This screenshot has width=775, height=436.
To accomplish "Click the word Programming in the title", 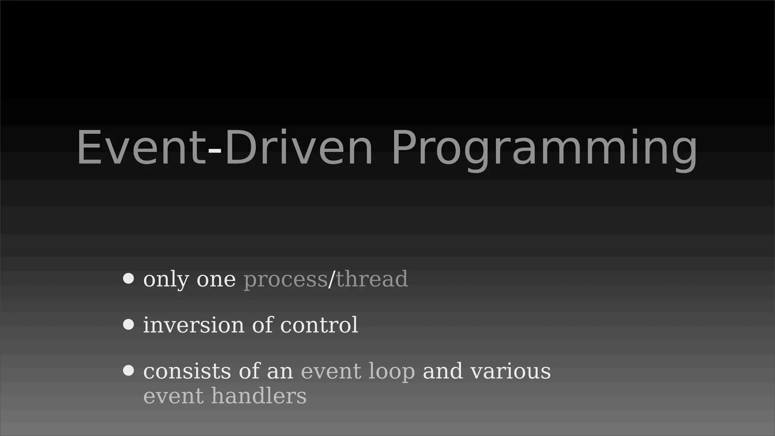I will [x=544, y=148].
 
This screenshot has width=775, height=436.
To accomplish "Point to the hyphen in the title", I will [x=215, y=150].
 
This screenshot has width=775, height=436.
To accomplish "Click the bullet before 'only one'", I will [x=129, y=279].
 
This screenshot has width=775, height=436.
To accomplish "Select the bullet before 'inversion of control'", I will [x=129, y=325].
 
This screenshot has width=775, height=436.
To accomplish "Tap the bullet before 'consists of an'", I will [x=129, y=371].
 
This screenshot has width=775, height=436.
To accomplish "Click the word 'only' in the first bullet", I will [x=166, y=280].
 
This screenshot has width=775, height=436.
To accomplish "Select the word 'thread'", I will [x=372, y=279].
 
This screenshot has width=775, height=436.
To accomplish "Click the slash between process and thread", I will [x=331, y=279].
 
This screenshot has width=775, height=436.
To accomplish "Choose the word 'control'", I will [x=319, y=325].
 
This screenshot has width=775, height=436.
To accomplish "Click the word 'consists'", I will [x=187, y=371].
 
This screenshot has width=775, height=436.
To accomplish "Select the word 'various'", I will [x=510, y=371].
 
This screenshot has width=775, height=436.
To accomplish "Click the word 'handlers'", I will [x=259, y=396].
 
